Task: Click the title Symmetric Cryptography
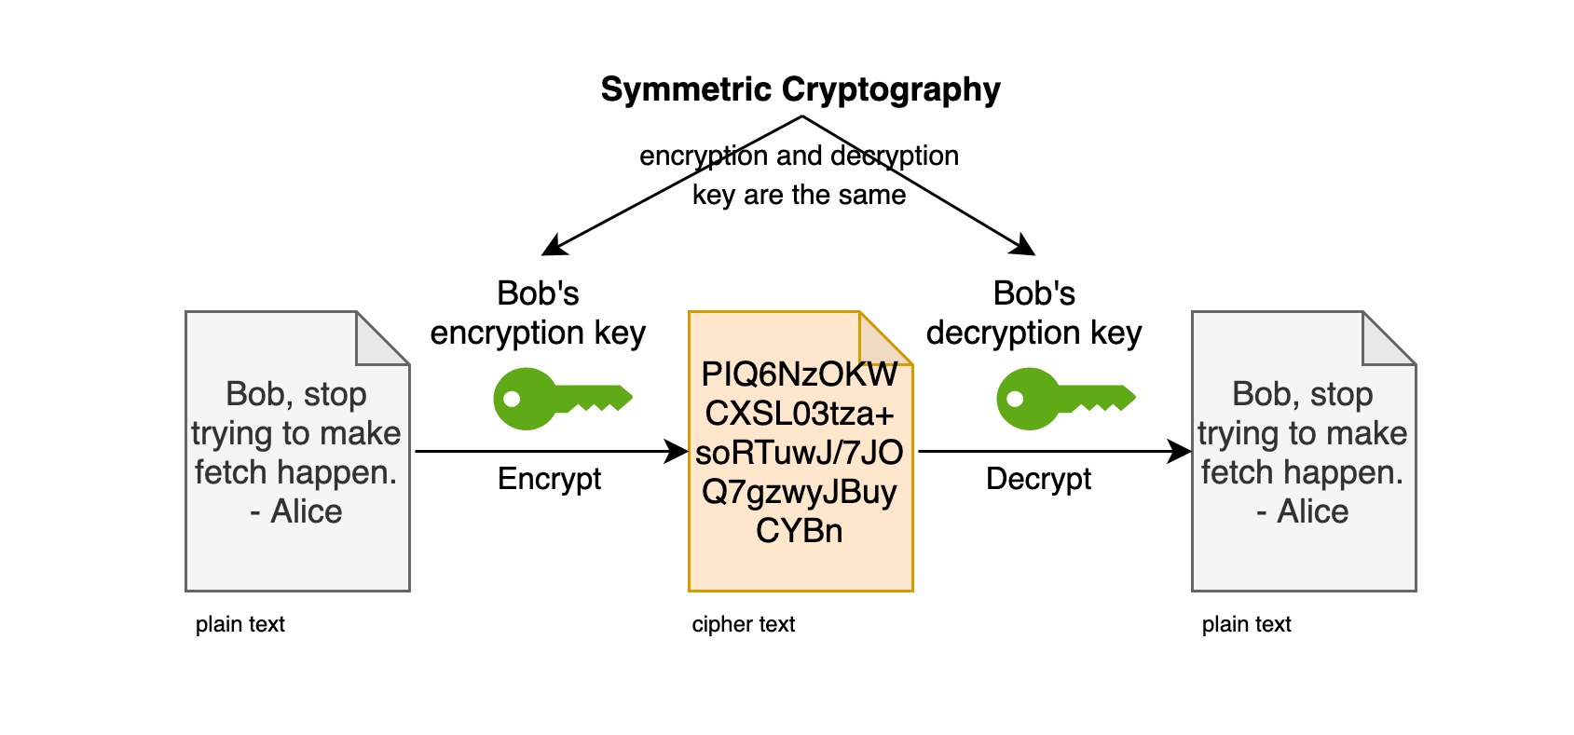(x=801, y=90)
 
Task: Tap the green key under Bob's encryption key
(x=563, y=399)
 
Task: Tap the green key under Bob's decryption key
(x=1066, y=399)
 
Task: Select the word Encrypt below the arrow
(x=550, y=480)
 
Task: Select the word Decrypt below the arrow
(x=1038, y=480)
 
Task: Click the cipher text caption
(x=744, y=624)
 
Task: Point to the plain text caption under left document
(x=240, y=624)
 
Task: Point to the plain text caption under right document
(x=1247, y=624)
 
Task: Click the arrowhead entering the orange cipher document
(x=676, y=451)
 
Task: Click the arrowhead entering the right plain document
(x=1179, y=451)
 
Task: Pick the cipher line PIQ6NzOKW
(x=800, y=374)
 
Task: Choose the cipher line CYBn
(x=800, y=530)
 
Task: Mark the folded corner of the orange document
(x=886, y=338)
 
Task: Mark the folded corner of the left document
(x=383, y=338)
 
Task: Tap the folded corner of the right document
(x=1389, y=338)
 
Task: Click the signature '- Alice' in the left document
(x=295, y=511)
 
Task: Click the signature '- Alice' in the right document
(x=1302, y=511)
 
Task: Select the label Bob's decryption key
(x=1033, y=313)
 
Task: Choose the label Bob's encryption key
(x=538, y=313)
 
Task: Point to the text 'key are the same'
(x=799, y=196)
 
